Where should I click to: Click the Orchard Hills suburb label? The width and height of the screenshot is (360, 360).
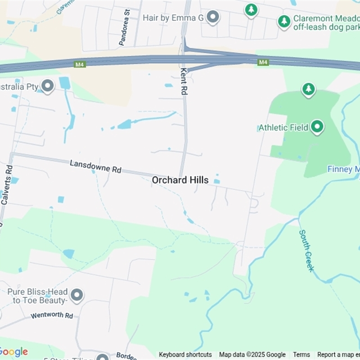(180, 180)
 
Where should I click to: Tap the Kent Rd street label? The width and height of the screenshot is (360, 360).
(183, 81)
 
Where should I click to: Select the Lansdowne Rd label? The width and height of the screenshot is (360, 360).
(95, 166)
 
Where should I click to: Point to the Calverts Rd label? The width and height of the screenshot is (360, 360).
(7, 184)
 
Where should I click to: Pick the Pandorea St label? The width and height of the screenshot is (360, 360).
(124, 28)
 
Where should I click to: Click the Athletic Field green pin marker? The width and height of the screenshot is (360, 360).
(317, 127)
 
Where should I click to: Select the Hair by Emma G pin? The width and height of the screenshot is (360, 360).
(212, 18)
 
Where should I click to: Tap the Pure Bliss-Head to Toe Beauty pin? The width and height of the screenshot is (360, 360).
(77, 295)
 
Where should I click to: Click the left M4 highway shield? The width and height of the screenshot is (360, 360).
(80, 65)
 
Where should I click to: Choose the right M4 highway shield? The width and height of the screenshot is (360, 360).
(263, 62)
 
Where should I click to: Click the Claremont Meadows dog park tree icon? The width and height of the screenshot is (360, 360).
(284, 21)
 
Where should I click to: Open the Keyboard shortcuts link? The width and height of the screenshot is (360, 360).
(185, 355)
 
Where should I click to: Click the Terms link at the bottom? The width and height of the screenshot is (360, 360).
(301, 355)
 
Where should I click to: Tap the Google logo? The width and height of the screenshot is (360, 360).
(13, 352)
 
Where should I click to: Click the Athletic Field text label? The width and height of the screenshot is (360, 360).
(284, 128)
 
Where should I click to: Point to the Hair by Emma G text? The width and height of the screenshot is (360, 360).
(173, 18)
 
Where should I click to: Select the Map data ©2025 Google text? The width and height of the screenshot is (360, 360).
(252, 355)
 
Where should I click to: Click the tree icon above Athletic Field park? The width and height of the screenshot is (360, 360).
(308, 89)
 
